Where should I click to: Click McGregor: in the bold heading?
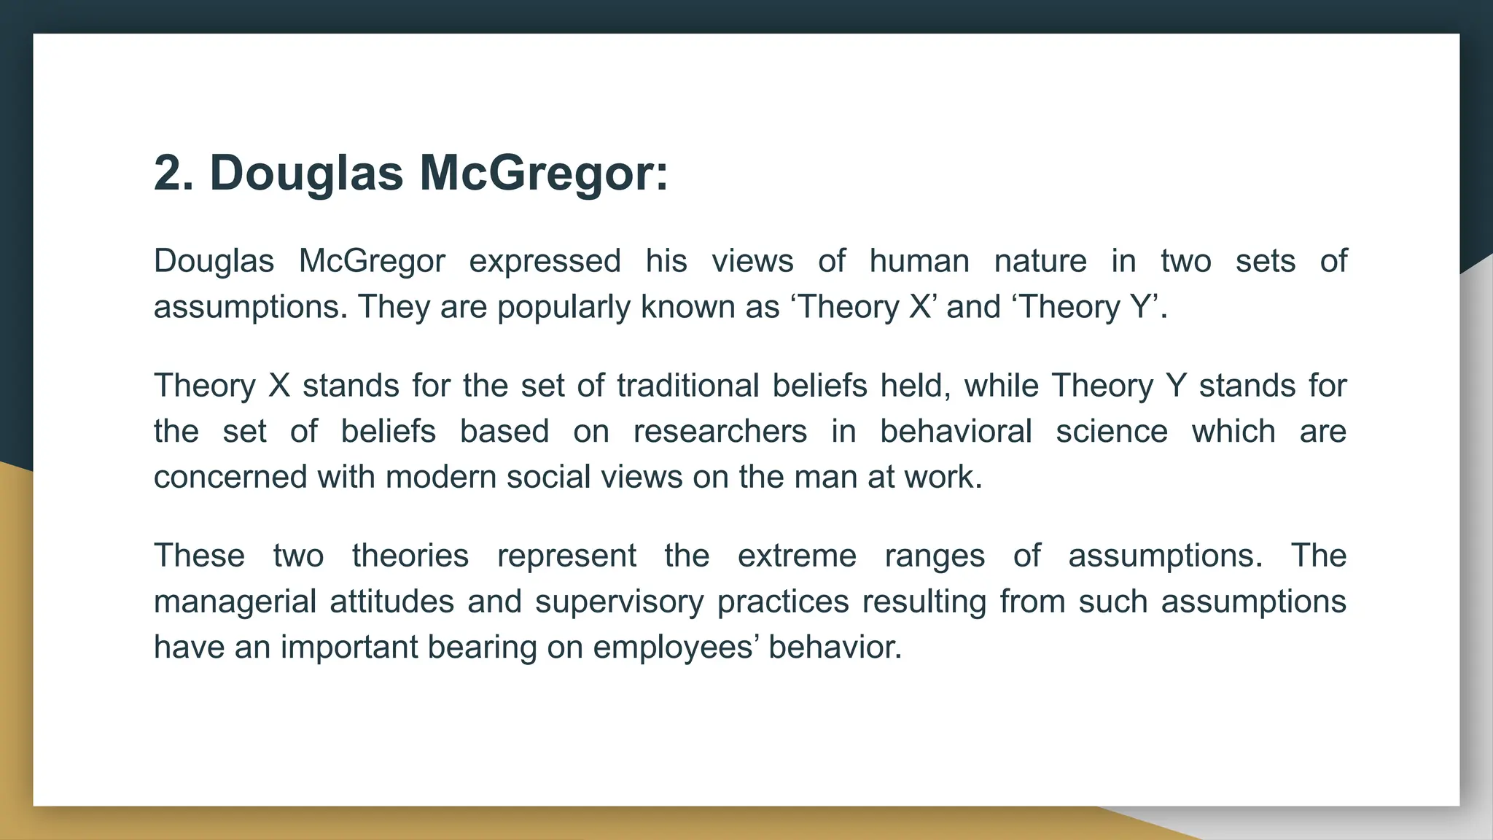[x=543, y=174]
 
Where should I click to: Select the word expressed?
[x=545, y=261]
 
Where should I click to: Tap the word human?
[x=919, y=261]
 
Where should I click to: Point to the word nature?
[x=1040, y=261]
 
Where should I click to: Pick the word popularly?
[x=564, y=307]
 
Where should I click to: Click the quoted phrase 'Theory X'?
[x=862, y=307]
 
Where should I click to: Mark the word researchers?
[x=720, y=432]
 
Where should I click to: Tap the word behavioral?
[x=956, y=432]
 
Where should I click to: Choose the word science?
[x=1112, y=432]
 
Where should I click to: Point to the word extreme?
[x=797, y=556]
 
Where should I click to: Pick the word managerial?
[x=235, y=602]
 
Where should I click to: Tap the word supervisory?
[x=619, y=602]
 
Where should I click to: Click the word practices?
[x=783, y=602]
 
